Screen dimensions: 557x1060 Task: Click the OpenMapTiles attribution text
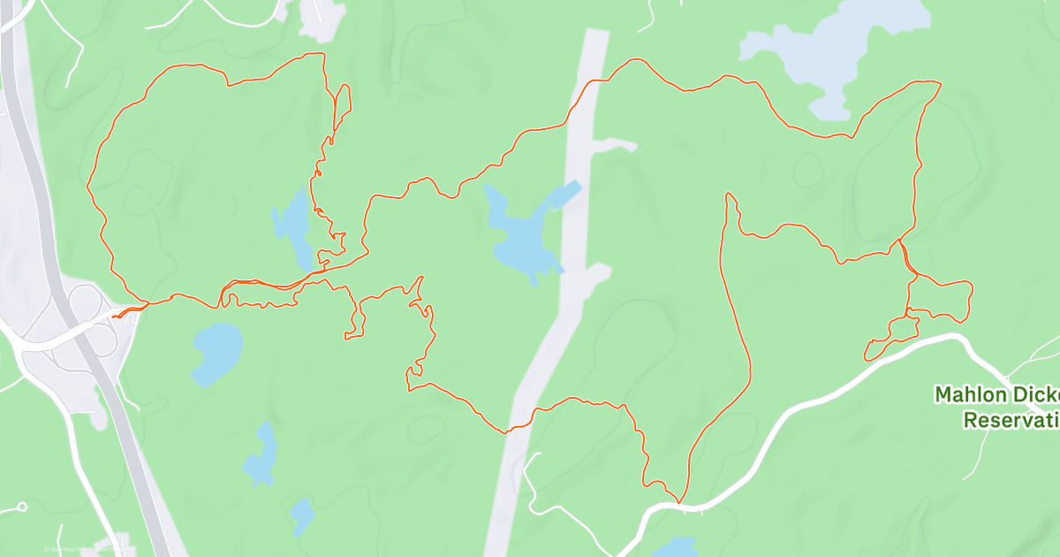(x=71, y=549)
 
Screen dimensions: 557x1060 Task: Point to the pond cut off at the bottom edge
(x=676, y=547)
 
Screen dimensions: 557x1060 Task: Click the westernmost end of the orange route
(x=114, y=316)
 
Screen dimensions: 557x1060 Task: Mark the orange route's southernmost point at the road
(x=679, y=502)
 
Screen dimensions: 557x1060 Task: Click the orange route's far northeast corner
(x=940, y=83)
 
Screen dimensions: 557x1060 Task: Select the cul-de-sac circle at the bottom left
(x=22, y=507)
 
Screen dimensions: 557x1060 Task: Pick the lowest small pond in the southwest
(x=302, y=515)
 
